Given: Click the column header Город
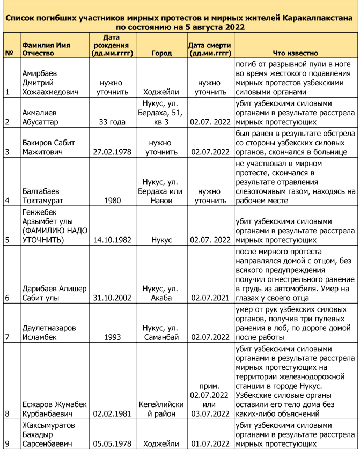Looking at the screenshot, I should click(161, 54).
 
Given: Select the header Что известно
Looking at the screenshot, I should click(295, 54).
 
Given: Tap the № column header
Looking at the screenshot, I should click(9, 54).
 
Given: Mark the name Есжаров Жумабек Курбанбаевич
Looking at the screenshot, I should click(54, 409).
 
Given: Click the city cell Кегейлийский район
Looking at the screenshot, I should click(161, 409).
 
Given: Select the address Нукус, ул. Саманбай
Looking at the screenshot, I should click(161, 332).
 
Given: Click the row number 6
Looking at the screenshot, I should click(7, 298).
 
